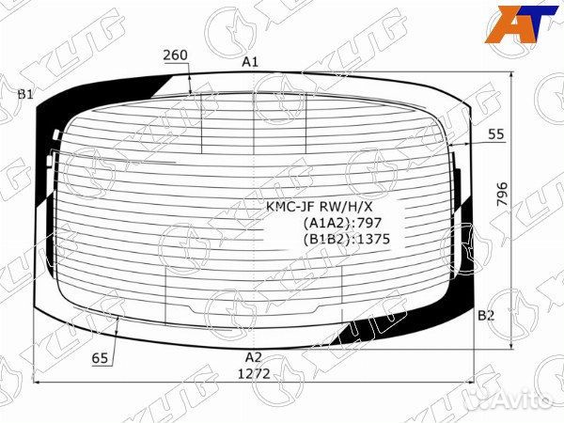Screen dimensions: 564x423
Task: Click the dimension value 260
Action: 175,55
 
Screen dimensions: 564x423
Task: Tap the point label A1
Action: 250,62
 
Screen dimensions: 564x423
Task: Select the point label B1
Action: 26,95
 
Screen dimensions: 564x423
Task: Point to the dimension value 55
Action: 496,134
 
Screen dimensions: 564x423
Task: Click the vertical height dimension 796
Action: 502,195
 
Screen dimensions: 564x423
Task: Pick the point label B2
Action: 486,316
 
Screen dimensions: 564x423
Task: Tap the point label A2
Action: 253,357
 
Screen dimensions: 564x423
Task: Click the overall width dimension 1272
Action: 254,374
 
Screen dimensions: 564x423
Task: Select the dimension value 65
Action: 100,358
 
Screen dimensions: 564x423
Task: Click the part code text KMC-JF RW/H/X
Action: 320,207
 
